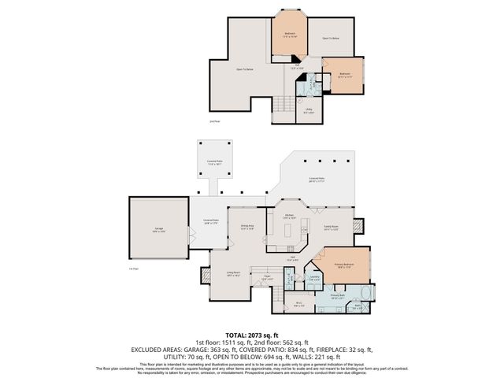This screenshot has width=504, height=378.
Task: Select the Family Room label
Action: tap(332, 228)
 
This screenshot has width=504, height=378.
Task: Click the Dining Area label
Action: tap(247, 227)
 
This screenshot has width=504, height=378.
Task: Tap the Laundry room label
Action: tap(313, 277)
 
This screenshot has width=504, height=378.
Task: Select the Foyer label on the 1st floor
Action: tap(266, 277)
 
